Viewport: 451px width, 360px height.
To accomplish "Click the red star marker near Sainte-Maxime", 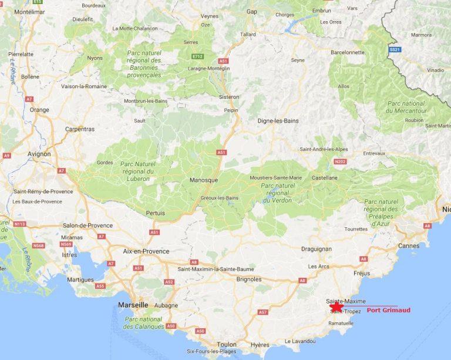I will [x=336, y=307].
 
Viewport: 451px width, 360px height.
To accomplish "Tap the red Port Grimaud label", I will [x=388, y=310].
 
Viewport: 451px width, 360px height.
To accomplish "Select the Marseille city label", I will [x=133, y=305].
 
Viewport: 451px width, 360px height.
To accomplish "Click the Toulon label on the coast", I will [x=227, y=345].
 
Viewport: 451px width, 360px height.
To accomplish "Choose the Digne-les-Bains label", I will [x=278, y=121].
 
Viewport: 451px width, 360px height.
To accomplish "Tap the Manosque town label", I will [x=204, y=180].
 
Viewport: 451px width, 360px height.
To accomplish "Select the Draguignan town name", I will [x=317, y=248].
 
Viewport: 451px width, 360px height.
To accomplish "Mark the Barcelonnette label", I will [x=348, y=52].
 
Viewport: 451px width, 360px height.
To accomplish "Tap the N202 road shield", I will [x=340, y=162].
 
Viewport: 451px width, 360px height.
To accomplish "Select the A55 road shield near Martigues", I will [x=100, y=286].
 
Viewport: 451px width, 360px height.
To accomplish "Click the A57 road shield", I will [x=263, y=312].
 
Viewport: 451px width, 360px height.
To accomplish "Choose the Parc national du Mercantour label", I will [x=406, y=107].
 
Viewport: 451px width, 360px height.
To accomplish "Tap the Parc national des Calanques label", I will [x=143, y=323].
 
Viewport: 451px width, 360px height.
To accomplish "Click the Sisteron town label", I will [x=228, y=97].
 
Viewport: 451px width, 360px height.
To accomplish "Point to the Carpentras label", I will [x=80, y=129].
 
